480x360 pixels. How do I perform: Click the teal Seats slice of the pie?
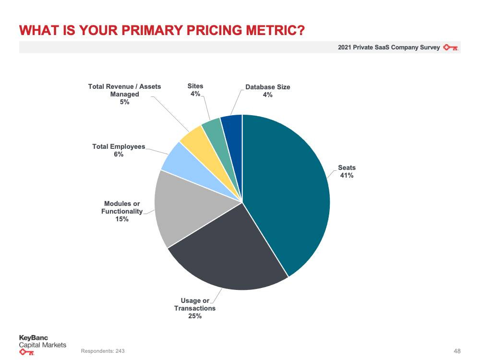point(288,192)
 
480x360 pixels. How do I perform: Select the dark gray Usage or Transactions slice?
point(226,259)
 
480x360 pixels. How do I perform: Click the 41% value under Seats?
point(347,176)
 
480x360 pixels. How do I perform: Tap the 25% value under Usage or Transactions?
point(195,316)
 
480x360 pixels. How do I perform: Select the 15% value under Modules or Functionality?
point(122,219)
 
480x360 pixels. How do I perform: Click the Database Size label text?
point(267,87)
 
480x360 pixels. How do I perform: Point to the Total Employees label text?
point(119,146)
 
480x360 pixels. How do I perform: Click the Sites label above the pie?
point(195,86)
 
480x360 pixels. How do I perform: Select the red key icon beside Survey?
point(451,48)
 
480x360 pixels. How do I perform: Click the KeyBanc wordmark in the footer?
point(33,338)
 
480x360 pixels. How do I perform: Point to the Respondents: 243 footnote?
point(103,351)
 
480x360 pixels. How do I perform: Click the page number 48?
point(456,351)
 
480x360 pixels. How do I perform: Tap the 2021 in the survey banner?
point(344,48)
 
